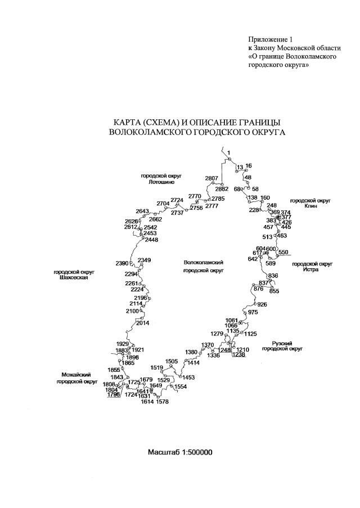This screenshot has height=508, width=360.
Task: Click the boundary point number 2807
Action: [x=211, y=178]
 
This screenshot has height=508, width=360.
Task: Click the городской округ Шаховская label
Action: [x=74, y=275]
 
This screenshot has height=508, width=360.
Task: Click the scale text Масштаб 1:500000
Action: [x=180, y=452]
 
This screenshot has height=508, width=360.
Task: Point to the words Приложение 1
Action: [x=271, y=39]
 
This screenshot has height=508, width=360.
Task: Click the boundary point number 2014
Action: [x=143, y=323]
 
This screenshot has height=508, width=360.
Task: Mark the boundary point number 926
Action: [x=263, y=305]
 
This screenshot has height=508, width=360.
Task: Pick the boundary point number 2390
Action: [x=122, y=263]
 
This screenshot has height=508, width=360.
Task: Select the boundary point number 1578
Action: [x=162, y=402]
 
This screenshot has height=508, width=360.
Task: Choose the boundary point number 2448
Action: [x=151, y=240]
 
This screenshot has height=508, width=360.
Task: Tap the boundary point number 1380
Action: [x=192, y=352]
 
